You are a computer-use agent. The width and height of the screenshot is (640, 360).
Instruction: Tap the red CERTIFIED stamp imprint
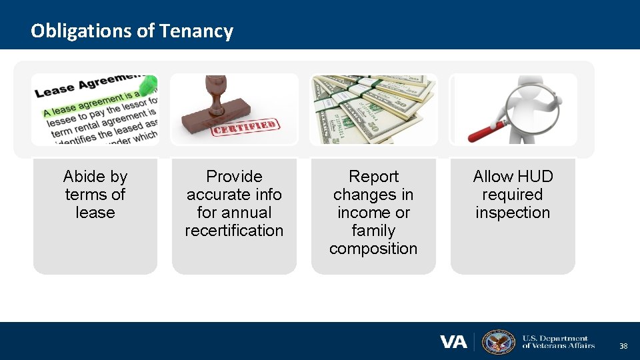245,127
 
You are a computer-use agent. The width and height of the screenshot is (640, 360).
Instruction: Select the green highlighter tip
150,84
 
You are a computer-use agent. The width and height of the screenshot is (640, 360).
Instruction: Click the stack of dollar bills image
373,109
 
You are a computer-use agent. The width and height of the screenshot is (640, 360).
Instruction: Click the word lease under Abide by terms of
95,213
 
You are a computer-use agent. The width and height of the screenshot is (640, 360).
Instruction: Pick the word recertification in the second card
234,231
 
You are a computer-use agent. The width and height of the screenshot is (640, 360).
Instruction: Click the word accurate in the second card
220,195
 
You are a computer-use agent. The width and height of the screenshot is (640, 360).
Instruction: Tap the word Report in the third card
373,177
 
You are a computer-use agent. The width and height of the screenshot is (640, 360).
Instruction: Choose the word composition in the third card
373,249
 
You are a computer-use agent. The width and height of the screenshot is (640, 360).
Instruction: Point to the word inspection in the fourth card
512,213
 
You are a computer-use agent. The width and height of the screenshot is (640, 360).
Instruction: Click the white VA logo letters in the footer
453,342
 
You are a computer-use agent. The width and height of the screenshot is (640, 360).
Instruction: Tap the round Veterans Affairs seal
498,342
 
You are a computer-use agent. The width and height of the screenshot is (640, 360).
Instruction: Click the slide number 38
623,346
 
